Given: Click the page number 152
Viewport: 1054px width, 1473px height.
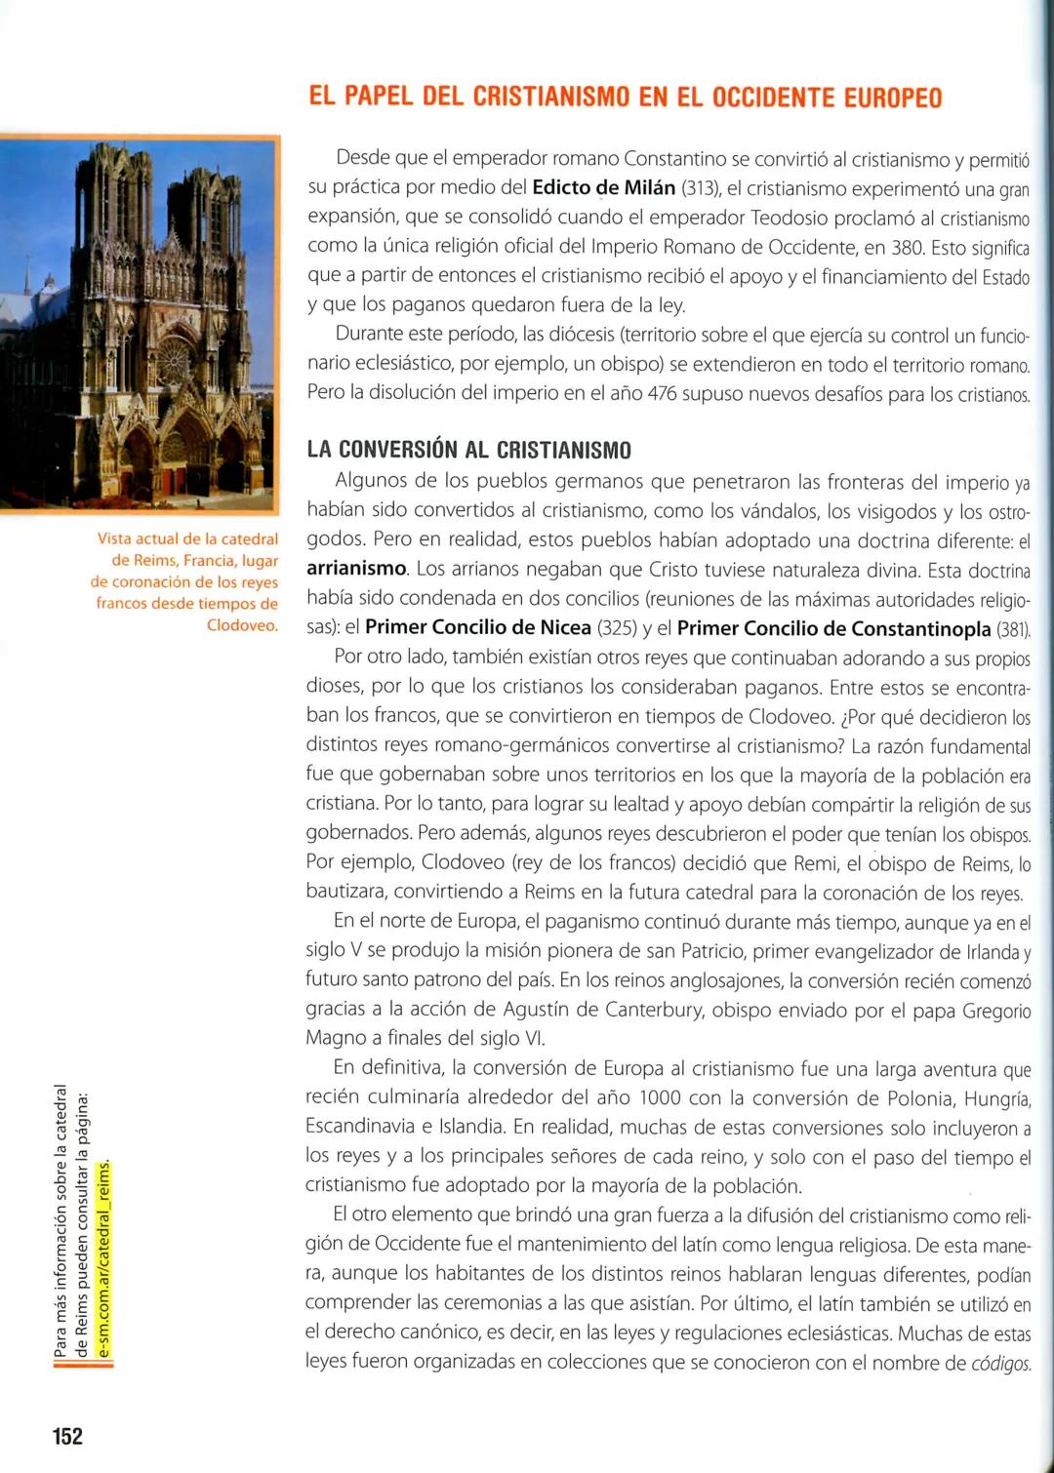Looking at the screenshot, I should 67,1436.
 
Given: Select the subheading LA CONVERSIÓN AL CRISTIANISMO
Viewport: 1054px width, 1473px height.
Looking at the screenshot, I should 468,450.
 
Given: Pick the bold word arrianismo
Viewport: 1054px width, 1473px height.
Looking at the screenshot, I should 356,569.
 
